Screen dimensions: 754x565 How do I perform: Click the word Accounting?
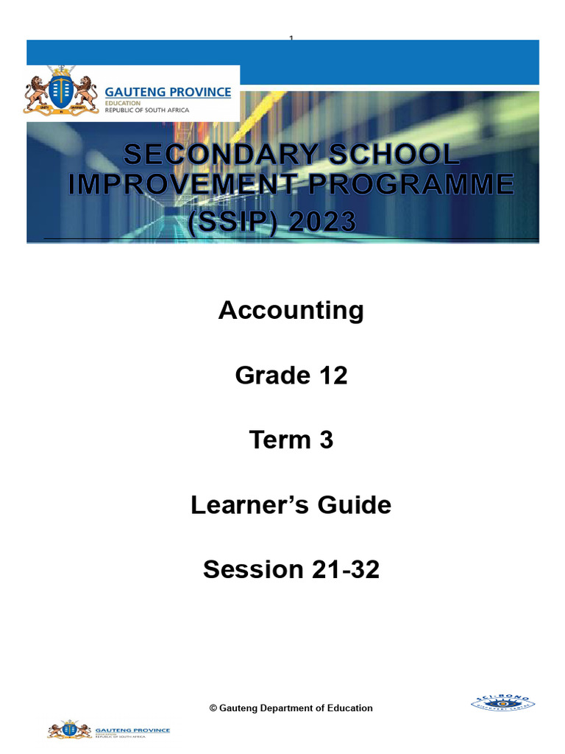click(291, 311)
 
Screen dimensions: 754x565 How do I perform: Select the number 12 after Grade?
click(331, 376)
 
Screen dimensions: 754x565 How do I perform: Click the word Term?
click(280, 440)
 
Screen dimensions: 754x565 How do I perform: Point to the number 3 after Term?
click(325, 440)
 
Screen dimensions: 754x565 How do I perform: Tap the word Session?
click(249, 570)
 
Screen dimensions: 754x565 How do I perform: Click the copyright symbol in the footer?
click(213, 708)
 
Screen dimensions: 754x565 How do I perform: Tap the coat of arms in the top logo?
click(59, 94)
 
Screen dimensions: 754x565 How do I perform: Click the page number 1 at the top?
click(291, 38)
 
